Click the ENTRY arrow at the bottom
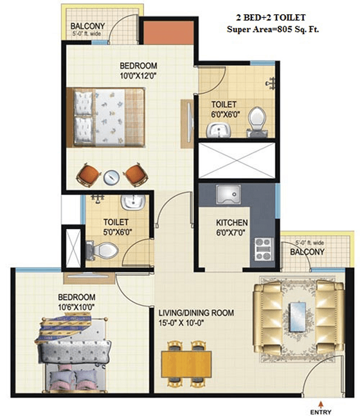tap(320, 404)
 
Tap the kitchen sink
tap(228, 194)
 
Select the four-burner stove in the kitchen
tap(263, 249)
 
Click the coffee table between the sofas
tap(299, 317)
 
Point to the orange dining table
tap(187, 364)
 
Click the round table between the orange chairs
tap(112, 178)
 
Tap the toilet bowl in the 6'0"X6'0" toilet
tap(257, 120)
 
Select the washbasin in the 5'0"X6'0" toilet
tap(133, 202)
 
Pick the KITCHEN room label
tap(232, 223)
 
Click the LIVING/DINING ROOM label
tap(196, 313)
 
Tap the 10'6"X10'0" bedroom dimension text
tap(77, 307)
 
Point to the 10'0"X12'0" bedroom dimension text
tap(138, 76)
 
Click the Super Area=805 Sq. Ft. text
tap(273, 29)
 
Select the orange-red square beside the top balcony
tap(169, 32)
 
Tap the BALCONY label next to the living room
tap(307, 252)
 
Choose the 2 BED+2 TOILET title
tap(271, 17)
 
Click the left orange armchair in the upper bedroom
tap(88, 175)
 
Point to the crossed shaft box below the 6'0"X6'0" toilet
tap(237, 160)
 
